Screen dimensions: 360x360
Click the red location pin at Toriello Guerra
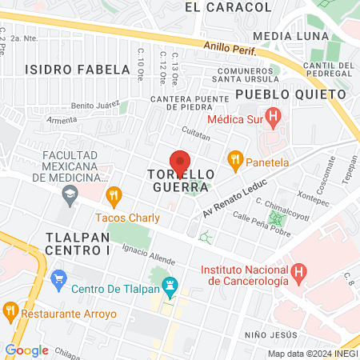pos(180,162)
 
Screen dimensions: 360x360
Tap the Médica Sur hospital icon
pos(275,120)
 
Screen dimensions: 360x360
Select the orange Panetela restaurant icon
pos(235,160)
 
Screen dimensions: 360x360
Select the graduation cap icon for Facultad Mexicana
pos(70,193)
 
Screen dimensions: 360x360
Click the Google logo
pos(26,350)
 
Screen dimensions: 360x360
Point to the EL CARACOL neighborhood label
pos(228,7)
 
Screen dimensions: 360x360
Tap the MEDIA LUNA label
pos(290,37)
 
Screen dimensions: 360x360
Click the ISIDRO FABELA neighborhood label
pos(77,69)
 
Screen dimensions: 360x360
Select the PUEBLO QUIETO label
pos(291,94)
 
